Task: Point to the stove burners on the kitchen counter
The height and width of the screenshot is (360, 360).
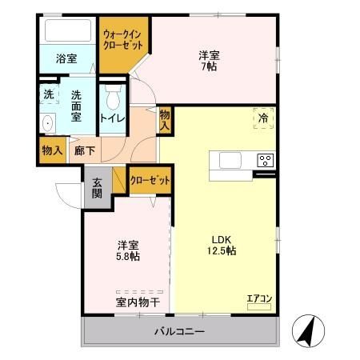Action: [265, 160]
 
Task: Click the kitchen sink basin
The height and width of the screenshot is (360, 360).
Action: [230, 160]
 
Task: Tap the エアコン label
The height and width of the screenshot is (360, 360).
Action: [259, 299]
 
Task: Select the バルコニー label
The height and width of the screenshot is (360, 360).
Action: [179, 330]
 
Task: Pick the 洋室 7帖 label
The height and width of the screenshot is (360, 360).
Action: [210, 62]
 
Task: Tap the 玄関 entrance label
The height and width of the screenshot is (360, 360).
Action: [97, 188]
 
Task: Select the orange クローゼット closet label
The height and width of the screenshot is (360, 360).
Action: [150, 181]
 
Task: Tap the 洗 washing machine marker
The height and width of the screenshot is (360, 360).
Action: [49, 93]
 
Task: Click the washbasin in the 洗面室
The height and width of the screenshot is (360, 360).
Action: [47, 122]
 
